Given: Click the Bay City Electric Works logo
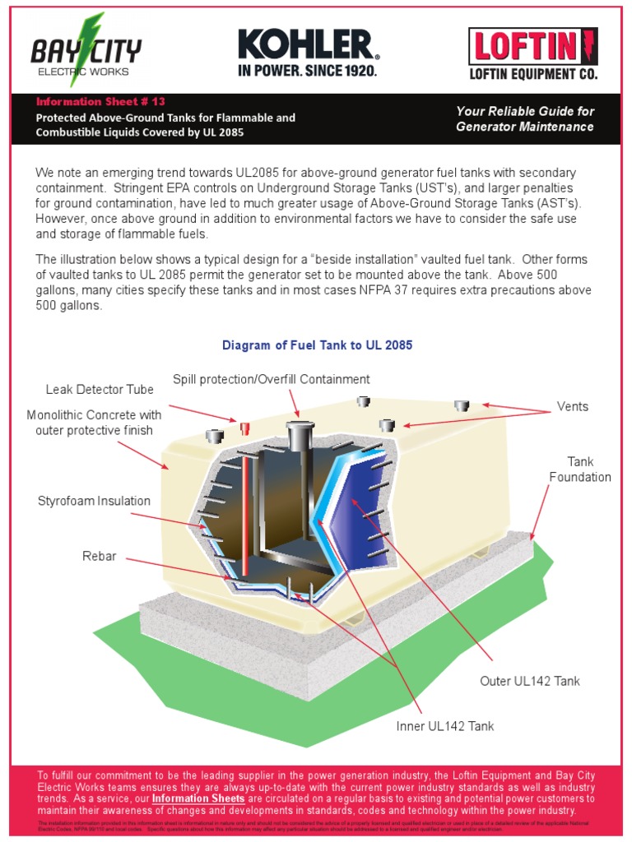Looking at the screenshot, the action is [x=85, y=51].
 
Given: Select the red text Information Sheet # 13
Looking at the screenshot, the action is [x=100, y=102].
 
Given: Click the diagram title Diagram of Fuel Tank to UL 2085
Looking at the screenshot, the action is [x=317, y=345].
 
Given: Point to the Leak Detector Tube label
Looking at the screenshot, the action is [x=100, y=390].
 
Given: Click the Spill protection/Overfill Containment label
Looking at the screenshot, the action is [x=271, y=379].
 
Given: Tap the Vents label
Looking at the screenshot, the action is [x=573, y=406].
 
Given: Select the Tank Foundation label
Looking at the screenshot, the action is [x=580, y=470].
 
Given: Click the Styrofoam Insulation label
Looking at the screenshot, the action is [x=95, y=501].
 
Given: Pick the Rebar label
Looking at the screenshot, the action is [x=100, y=557].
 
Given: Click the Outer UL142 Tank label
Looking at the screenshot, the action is [x=530, y=681].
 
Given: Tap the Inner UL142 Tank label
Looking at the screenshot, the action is [x=445, y=726].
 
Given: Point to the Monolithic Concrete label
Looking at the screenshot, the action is [x=94, y=423].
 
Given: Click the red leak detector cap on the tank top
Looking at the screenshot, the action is [x=244, y=427].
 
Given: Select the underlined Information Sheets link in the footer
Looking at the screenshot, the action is [x=198, y=798].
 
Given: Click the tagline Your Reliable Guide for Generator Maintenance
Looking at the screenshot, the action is [x=525, y=119].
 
